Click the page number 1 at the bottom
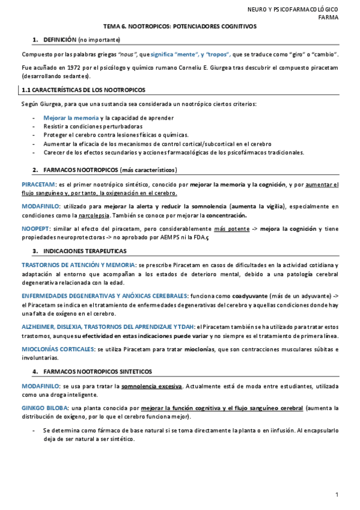click(338, 494)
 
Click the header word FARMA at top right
click(328, 17)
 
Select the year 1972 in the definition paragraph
click(67, 68)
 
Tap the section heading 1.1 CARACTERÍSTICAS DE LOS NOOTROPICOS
click(84, 90)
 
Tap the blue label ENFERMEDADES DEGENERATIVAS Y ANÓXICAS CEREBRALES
click(105, 296)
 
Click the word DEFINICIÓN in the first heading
click(59, 39)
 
